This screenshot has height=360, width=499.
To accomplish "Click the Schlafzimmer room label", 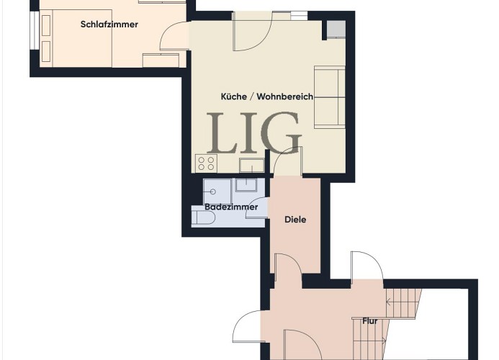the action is (x=109, y=24).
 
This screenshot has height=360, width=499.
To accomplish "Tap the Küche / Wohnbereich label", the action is (x=267, y=96).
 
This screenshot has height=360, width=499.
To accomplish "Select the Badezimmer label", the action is (x=231, y=207).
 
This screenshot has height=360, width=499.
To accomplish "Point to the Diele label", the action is (x=295, y=220).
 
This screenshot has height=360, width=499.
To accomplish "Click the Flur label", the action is (x=370, y=321).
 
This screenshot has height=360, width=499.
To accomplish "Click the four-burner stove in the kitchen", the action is (x=206, y=163).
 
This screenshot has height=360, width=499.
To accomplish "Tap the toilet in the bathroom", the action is (x=204, y=218).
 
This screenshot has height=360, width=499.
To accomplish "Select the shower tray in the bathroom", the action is (x=217, y=192).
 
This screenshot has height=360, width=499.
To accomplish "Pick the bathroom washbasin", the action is (x=246, y=184).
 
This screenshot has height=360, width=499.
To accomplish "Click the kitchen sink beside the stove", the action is (x=252, y=165).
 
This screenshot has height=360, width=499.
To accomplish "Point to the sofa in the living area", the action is (x=330, y=97).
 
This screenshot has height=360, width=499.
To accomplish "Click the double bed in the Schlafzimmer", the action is (x=76, y=38).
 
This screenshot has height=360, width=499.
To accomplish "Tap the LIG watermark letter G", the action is (x=280, y=132).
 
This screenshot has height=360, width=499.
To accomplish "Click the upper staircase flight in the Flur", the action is (x=403, y=303).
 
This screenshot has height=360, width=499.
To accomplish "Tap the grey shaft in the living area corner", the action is (x=336, y=29).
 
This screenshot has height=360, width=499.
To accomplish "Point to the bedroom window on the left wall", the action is (x=33, y=30).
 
